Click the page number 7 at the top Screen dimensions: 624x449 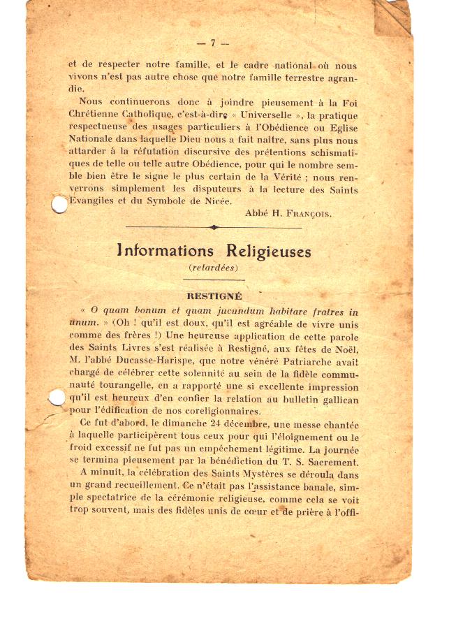(x=212, y=43)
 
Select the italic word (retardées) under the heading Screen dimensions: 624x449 (x=214, y=267)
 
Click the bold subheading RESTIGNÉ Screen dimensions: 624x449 (x=214, y=296)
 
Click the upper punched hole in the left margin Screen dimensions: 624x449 (x=59, y=205)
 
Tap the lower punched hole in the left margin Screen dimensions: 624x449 (x=57, y=398)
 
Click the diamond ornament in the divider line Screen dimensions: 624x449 (x=214, y=227)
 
